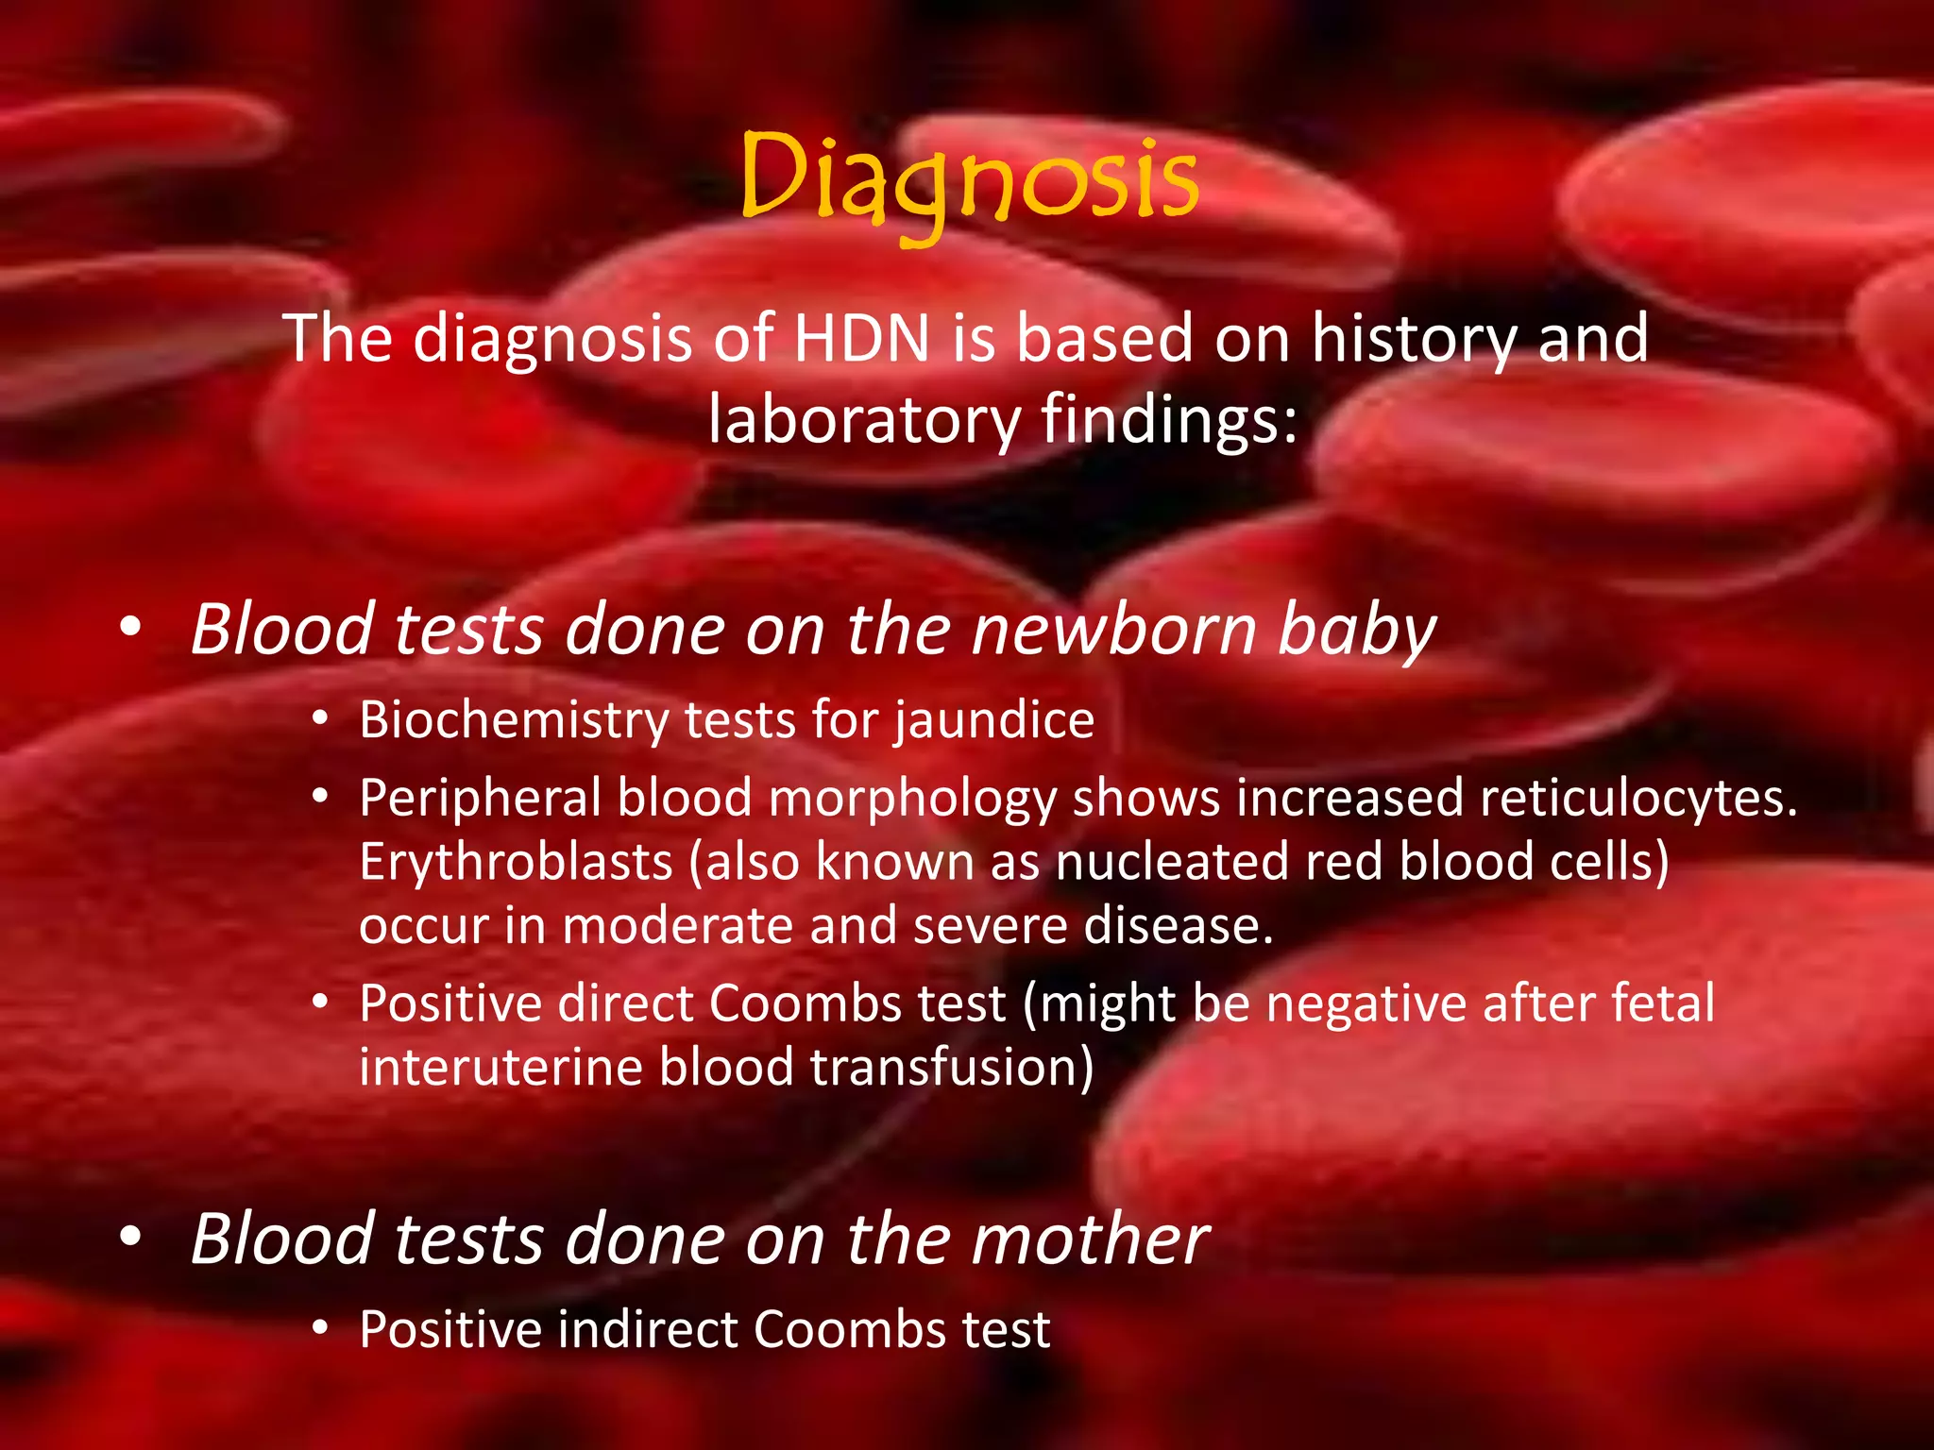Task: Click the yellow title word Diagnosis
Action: [969, 179]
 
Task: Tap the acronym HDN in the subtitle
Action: [861, 338]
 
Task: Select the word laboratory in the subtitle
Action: [864, 420]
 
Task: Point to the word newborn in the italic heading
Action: [1114, 630]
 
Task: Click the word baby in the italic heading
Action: [1356, 630]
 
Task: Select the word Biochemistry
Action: [514, 720]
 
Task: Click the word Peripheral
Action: [480, 798]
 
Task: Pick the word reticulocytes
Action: [1638, 798]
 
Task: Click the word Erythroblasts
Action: [516, 862]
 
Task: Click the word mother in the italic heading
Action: [1090, 1239]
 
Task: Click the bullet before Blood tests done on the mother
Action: [131, 1236]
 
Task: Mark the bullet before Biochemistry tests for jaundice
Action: [321, 721]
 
